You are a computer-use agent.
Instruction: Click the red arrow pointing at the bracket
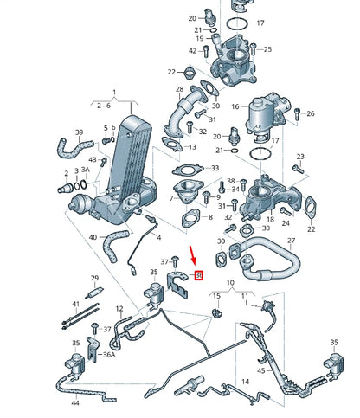[195, 254]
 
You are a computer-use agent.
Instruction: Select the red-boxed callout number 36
[199, 275]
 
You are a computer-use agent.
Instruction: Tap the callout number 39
[79, 133]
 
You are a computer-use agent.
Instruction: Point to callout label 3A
[74, 171]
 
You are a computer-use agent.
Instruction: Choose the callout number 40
[92, 235]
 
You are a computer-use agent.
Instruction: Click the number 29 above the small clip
[95, 278]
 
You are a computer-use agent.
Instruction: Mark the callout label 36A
[108, 355]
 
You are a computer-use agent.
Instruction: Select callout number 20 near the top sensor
[193, 17]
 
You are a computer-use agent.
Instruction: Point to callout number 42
[192, 51]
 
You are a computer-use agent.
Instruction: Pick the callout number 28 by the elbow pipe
[180, 88]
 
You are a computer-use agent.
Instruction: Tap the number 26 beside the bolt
[311, 113]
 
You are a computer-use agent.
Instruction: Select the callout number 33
[215, 168]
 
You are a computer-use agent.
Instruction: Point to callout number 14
[245, 381]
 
